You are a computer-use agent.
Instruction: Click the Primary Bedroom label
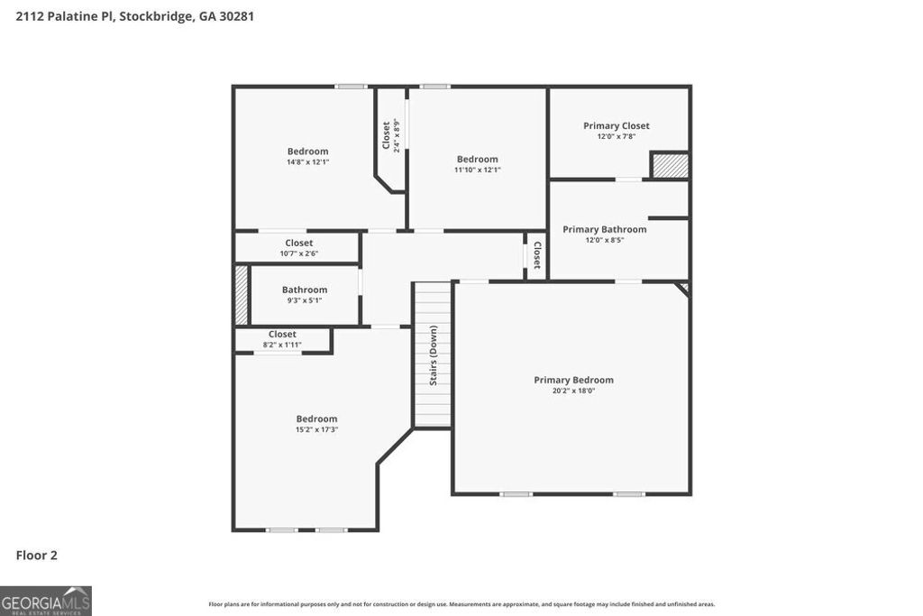[573, 380]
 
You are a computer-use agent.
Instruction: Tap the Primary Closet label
[616, 125]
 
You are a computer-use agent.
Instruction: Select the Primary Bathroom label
[604, 229]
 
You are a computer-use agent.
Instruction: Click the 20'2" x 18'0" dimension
[573, 391]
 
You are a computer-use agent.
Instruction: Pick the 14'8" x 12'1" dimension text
[307, 162]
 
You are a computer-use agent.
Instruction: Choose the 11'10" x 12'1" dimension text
[477, 170]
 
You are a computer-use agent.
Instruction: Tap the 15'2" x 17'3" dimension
[316, 429]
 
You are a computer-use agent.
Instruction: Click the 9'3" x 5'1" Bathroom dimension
[304, 300]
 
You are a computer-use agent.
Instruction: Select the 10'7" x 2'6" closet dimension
[298, 253]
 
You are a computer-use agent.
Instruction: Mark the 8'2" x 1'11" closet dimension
[282, 345]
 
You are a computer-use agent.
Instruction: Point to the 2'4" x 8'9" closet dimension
[397, 135]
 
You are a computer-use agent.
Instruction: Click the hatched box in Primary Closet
[671, 166]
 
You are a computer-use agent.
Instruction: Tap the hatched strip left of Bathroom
[242, 295]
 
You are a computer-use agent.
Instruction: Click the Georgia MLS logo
[46, 601]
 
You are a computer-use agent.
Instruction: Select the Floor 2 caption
[36, 556]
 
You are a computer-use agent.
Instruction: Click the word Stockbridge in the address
[154, 15]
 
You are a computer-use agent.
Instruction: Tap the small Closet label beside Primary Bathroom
[536, 255]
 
